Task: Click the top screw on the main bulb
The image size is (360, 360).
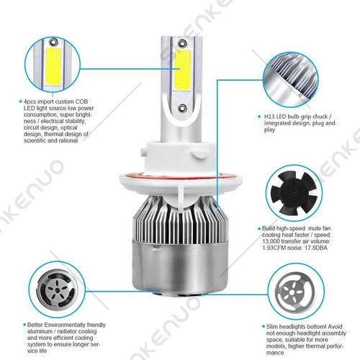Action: tap(182, 43)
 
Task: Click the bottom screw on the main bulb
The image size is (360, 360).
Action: tap(182, 108)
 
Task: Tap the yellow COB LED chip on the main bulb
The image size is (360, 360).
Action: tap(182, 70)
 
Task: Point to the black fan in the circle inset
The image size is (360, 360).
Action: tap(294, 193)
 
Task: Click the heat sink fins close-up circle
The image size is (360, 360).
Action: tap(291, 80)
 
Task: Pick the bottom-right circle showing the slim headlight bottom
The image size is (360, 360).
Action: tap(296, 292)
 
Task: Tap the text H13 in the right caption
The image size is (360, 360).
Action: tap(269, 117)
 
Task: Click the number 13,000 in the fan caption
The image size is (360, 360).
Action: tap(271, 241)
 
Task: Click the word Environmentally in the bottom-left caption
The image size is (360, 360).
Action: tap(65, 325)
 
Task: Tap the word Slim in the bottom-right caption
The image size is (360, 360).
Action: tap(272, 327)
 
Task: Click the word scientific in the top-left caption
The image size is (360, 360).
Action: tap(35, 140)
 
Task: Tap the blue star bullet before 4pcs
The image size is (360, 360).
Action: tap(20, 102)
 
